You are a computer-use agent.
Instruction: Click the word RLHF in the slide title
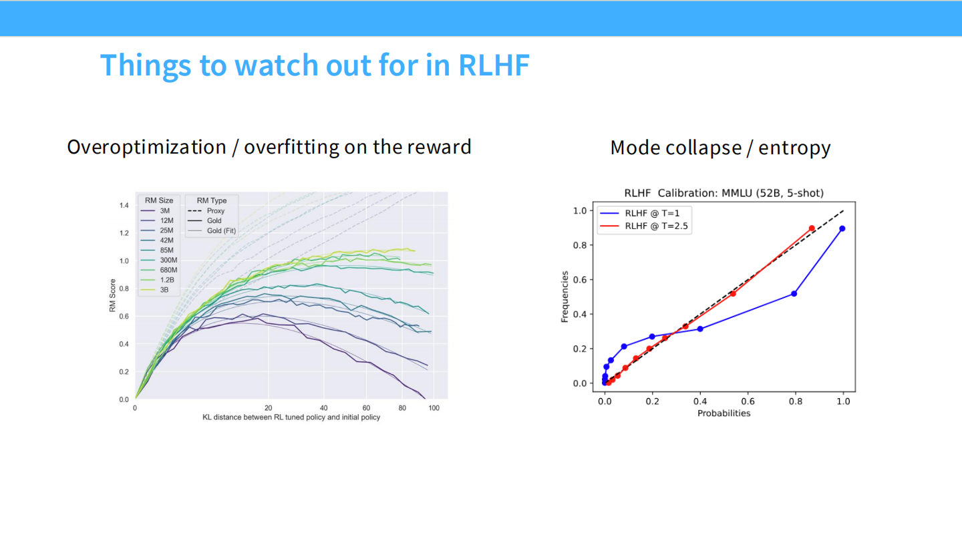494,65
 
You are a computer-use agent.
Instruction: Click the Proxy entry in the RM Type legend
215,210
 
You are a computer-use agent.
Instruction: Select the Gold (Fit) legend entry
221,230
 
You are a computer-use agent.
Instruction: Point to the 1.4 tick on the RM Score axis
124,205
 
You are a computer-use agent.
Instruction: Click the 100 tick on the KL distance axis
434,408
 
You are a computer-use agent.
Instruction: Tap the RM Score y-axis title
113,298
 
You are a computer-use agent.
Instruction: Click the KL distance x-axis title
291,417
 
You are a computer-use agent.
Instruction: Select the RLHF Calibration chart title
724,193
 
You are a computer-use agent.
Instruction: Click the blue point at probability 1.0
842,228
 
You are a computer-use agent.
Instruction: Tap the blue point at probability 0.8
794,294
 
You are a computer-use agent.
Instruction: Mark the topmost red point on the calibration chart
812,228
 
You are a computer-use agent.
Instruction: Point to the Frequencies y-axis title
565,297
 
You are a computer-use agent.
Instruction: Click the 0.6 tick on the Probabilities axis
748,401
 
